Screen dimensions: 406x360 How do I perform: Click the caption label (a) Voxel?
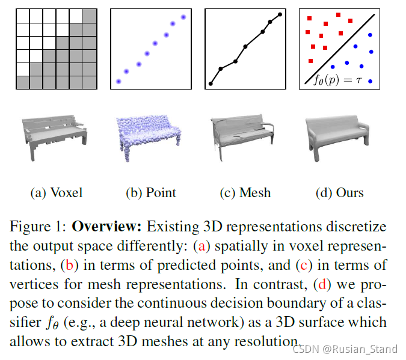tap(56, 193)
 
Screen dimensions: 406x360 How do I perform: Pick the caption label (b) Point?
tap(151, 193)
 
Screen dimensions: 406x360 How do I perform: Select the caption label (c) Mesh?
tap(245, 193)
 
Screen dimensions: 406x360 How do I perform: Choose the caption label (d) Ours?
tap(339, 193)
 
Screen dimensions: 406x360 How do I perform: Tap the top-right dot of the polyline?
tap(280, 14)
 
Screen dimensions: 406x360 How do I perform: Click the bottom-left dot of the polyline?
tap(211, 84)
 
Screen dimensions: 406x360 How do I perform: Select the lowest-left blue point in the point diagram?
tap(118, 81)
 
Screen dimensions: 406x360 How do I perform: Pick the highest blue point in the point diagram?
tap(183, 17)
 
